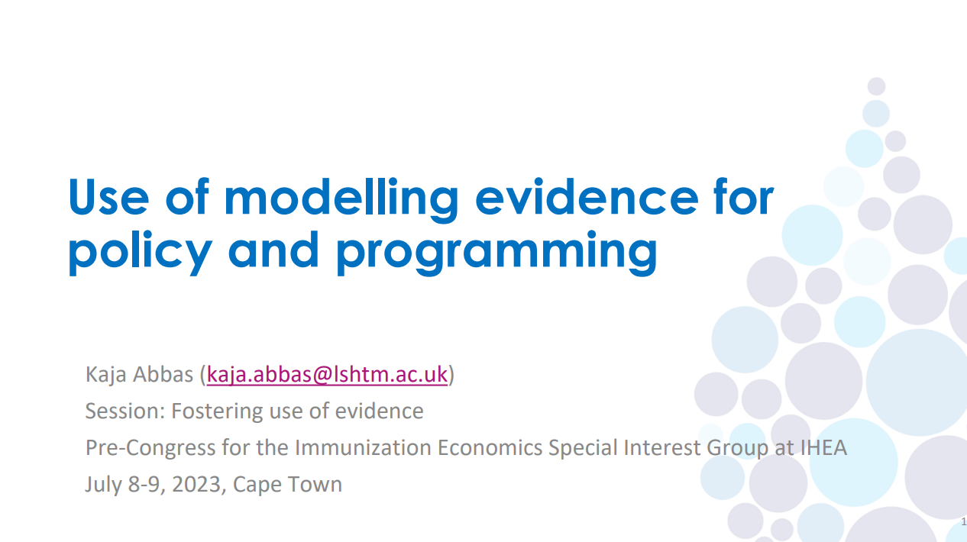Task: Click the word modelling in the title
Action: click(x=342, y=197)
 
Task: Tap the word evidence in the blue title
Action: click(x=587, y=197)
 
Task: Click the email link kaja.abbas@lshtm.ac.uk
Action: click(x=327, y=375)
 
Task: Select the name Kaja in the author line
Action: click(x=105, y=375)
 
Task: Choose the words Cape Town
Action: click(x=288, y=484)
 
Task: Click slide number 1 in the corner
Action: click(x=963, y=522)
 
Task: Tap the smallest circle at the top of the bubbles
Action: click(x=877, y=86)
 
